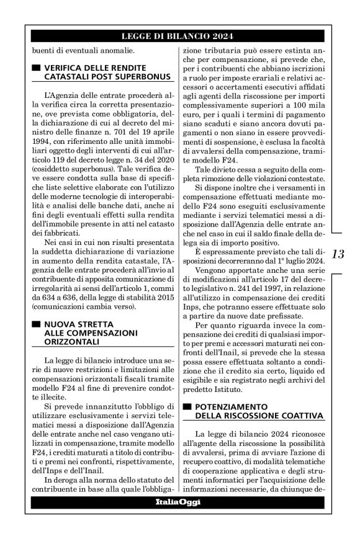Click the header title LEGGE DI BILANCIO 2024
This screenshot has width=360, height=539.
coord(179,37)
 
